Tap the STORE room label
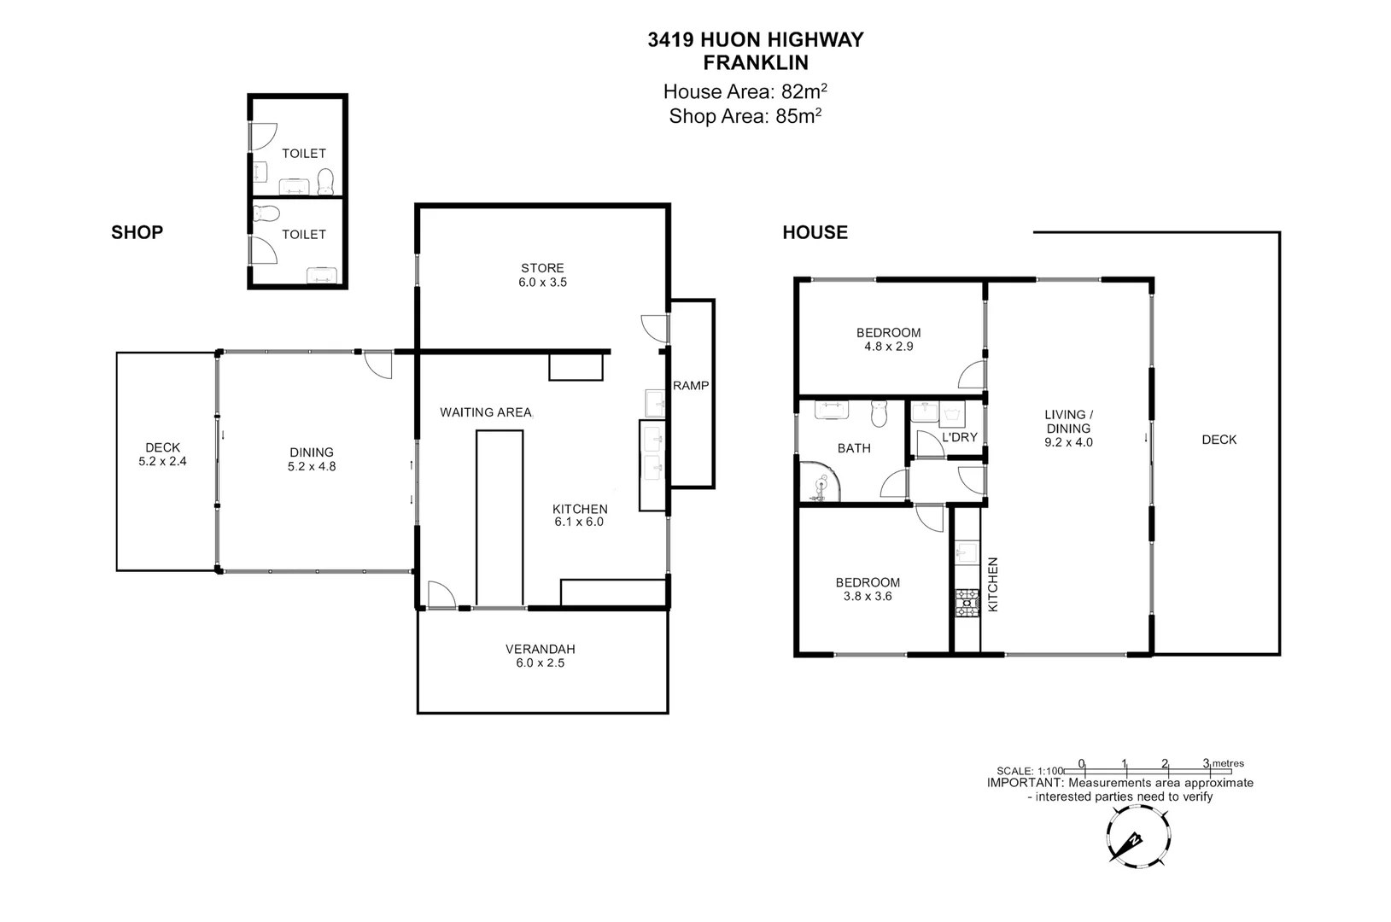[x=542, y=268]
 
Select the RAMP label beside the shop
[x=691, y=386]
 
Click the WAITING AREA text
[x=486, y=412]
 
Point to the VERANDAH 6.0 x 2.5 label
[x=540, y=656]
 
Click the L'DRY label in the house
[x=959, y=437]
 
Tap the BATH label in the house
[x=854, y=447]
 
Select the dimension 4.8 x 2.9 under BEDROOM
[x=888, y=347]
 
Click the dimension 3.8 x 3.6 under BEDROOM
[x=867, y=596]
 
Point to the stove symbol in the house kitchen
[x=965, y=603]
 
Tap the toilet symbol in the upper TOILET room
[x=325, y=181]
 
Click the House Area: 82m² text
[x=745, y=91]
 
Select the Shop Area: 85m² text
[x=745, y=116]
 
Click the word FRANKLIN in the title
[x=755, y=62]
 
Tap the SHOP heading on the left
[x=137, y=232]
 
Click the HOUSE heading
[x=815, y=232]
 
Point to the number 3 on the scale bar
[x=1206, y=763]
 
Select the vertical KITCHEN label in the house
[x=993, y=585]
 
